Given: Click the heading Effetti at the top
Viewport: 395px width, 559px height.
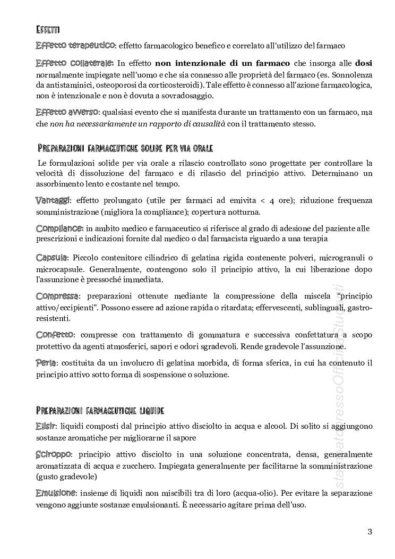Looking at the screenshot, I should (x=47, y=29).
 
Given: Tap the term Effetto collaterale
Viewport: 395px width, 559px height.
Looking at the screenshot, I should (x=74, y=63).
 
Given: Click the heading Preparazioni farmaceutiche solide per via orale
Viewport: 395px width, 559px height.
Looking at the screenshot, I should (x=126, y=147).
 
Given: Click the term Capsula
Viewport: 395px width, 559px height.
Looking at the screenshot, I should (x=52, y=257).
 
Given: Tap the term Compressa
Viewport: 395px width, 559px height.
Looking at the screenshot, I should (x=57, y=295).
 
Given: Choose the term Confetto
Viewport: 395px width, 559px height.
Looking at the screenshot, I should (x=55, y=334).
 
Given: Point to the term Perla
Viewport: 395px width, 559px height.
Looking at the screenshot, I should (x=46, y=363).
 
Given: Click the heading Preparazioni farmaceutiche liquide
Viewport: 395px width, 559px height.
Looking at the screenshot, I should (x=100, y=411).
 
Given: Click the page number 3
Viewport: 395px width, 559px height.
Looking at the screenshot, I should (x=370, y=531).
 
